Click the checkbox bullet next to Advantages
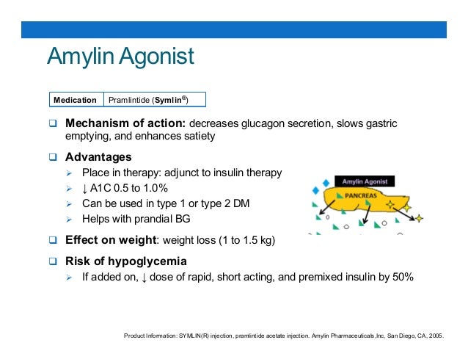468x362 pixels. click(53, 157)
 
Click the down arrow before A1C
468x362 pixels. click(85, 188)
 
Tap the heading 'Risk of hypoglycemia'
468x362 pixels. click(125, 261)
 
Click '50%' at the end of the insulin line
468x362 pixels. click(402, 277)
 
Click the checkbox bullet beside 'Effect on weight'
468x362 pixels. click(53, 239)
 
